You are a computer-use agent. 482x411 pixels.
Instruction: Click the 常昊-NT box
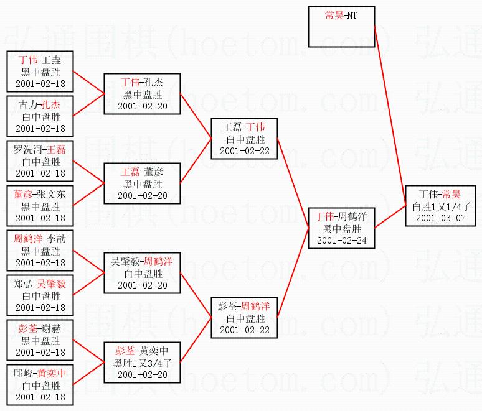coord(341,27)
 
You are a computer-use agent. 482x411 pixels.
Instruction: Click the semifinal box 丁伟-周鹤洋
coord(341,228)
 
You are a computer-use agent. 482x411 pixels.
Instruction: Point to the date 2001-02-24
coord(341,241)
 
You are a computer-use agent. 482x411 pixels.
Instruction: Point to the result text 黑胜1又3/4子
coord(143,363)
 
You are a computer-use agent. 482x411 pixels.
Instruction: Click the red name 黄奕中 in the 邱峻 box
coord(52,373)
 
